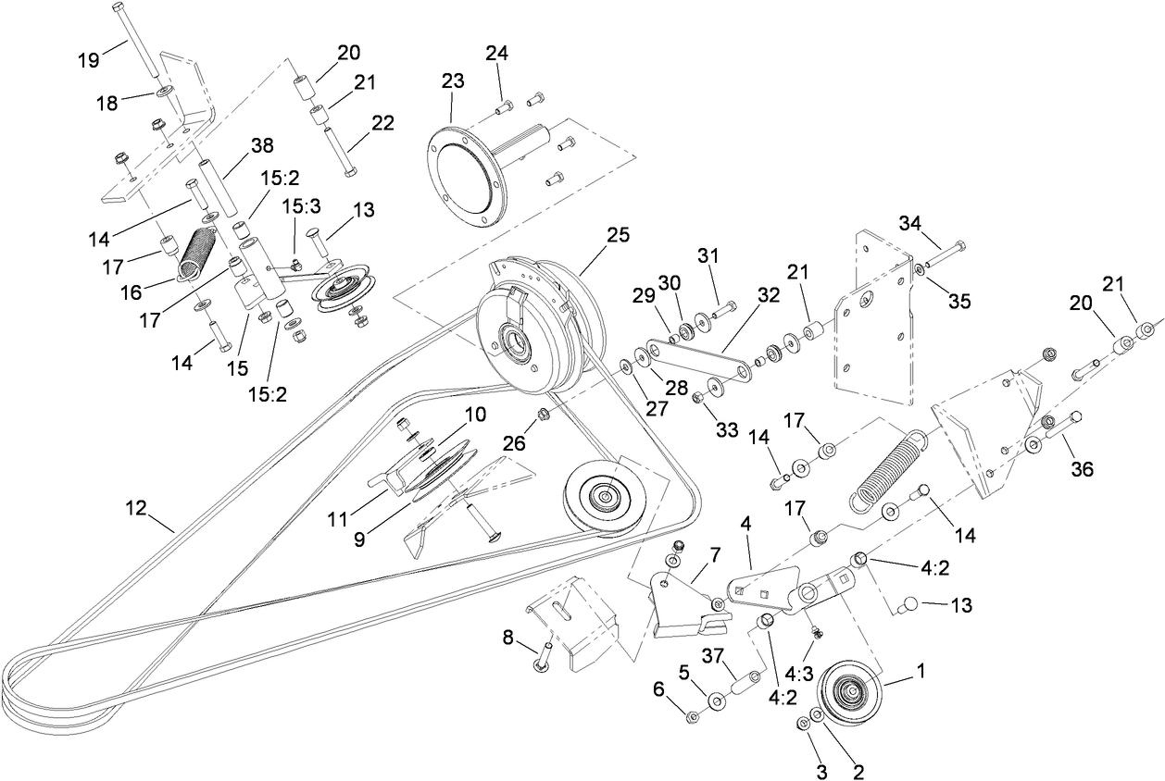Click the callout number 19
click(x=88, y=61)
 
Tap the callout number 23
click(x=452, y=81)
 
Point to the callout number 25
click(x=618, y=235)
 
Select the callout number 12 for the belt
click(x=137, y=507)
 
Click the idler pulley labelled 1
click(x=849, y=695)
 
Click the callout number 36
click(x=1081, y=469)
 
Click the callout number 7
click(x=714, y=554)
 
